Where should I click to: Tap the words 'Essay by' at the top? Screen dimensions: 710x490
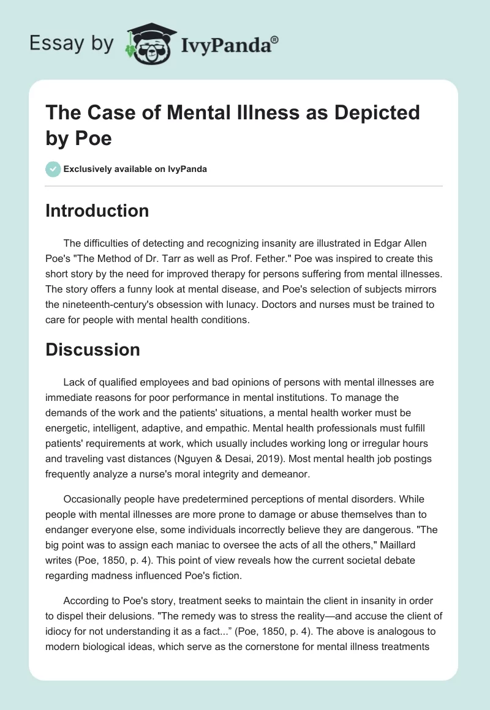(71, 43)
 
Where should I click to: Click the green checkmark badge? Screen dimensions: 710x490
(53, 169)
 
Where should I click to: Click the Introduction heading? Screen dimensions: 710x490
(97, 211)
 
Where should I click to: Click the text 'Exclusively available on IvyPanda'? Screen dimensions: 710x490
(135, 169)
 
